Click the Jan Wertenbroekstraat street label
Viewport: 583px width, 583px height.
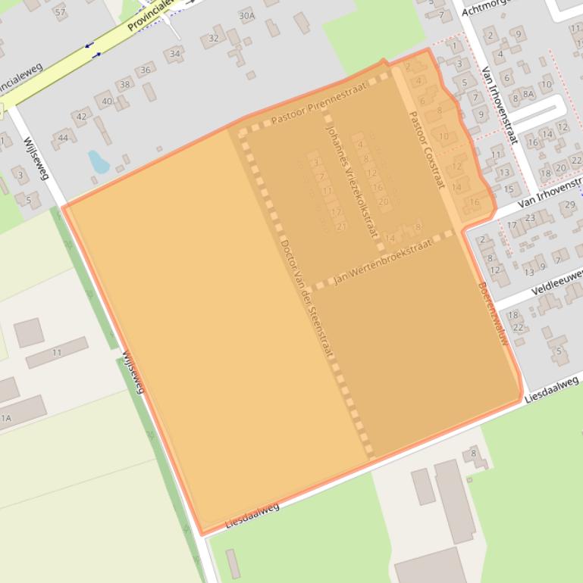coord(383,262)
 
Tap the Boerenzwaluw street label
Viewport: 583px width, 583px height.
coord(494,314)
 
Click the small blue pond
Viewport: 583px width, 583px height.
coord(99,161)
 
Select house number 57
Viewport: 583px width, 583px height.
coord(60,13)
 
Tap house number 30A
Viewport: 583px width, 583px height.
coord(246,16)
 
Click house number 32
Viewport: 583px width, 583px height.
coord(213,39)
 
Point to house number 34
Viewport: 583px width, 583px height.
coord(175,54)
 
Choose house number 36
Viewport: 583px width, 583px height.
coord(146,70)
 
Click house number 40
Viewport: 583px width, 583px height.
coord(106,101)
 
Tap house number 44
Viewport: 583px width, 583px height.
coord(62,137)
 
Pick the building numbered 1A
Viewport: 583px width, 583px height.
coord(6,417)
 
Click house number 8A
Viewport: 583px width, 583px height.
coord(528,95)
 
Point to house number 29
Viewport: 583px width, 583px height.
coord(568,204)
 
